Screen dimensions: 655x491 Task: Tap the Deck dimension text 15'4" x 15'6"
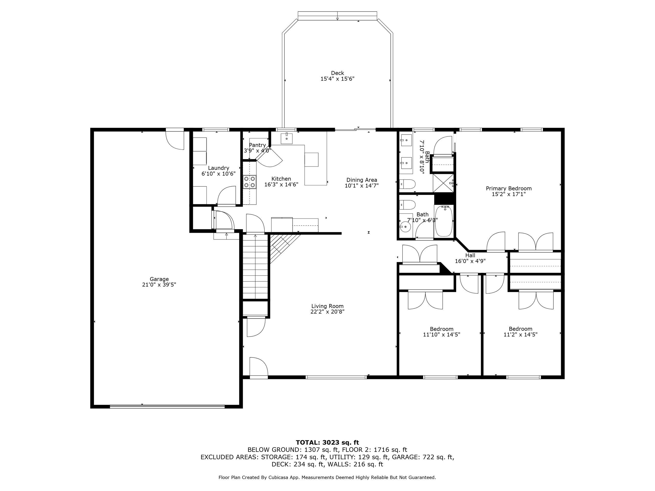[337, 79]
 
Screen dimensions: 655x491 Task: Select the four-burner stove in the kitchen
[250, 182]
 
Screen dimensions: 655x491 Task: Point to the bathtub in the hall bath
[444, 221]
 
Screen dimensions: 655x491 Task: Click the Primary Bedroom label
[508, 188]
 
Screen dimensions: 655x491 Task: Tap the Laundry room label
[219, 168]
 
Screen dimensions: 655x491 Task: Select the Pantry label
[257, 145]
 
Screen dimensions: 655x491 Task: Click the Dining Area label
[362, 180]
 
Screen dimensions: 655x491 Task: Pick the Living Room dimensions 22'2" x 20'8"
[327, 312]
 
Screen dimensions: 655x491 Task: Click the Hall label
[470, 255]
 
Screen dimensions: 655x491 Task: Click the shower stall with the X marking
[444, 184]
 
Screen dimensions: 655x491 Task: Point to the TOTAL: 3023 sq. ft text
[327, 442]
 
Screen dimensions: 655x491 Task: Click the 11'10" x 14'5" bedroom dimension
[442, 334]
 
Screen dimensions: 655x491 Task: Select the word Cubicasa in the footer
[280, 477]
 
